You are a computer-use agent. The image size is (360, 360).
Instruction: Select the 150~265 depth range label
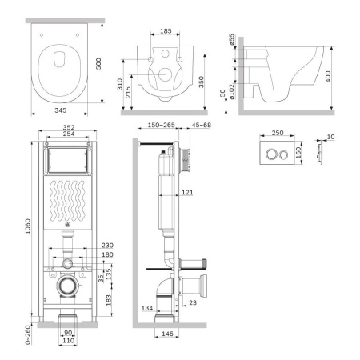pyautogui.click(x=160, y=124)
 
